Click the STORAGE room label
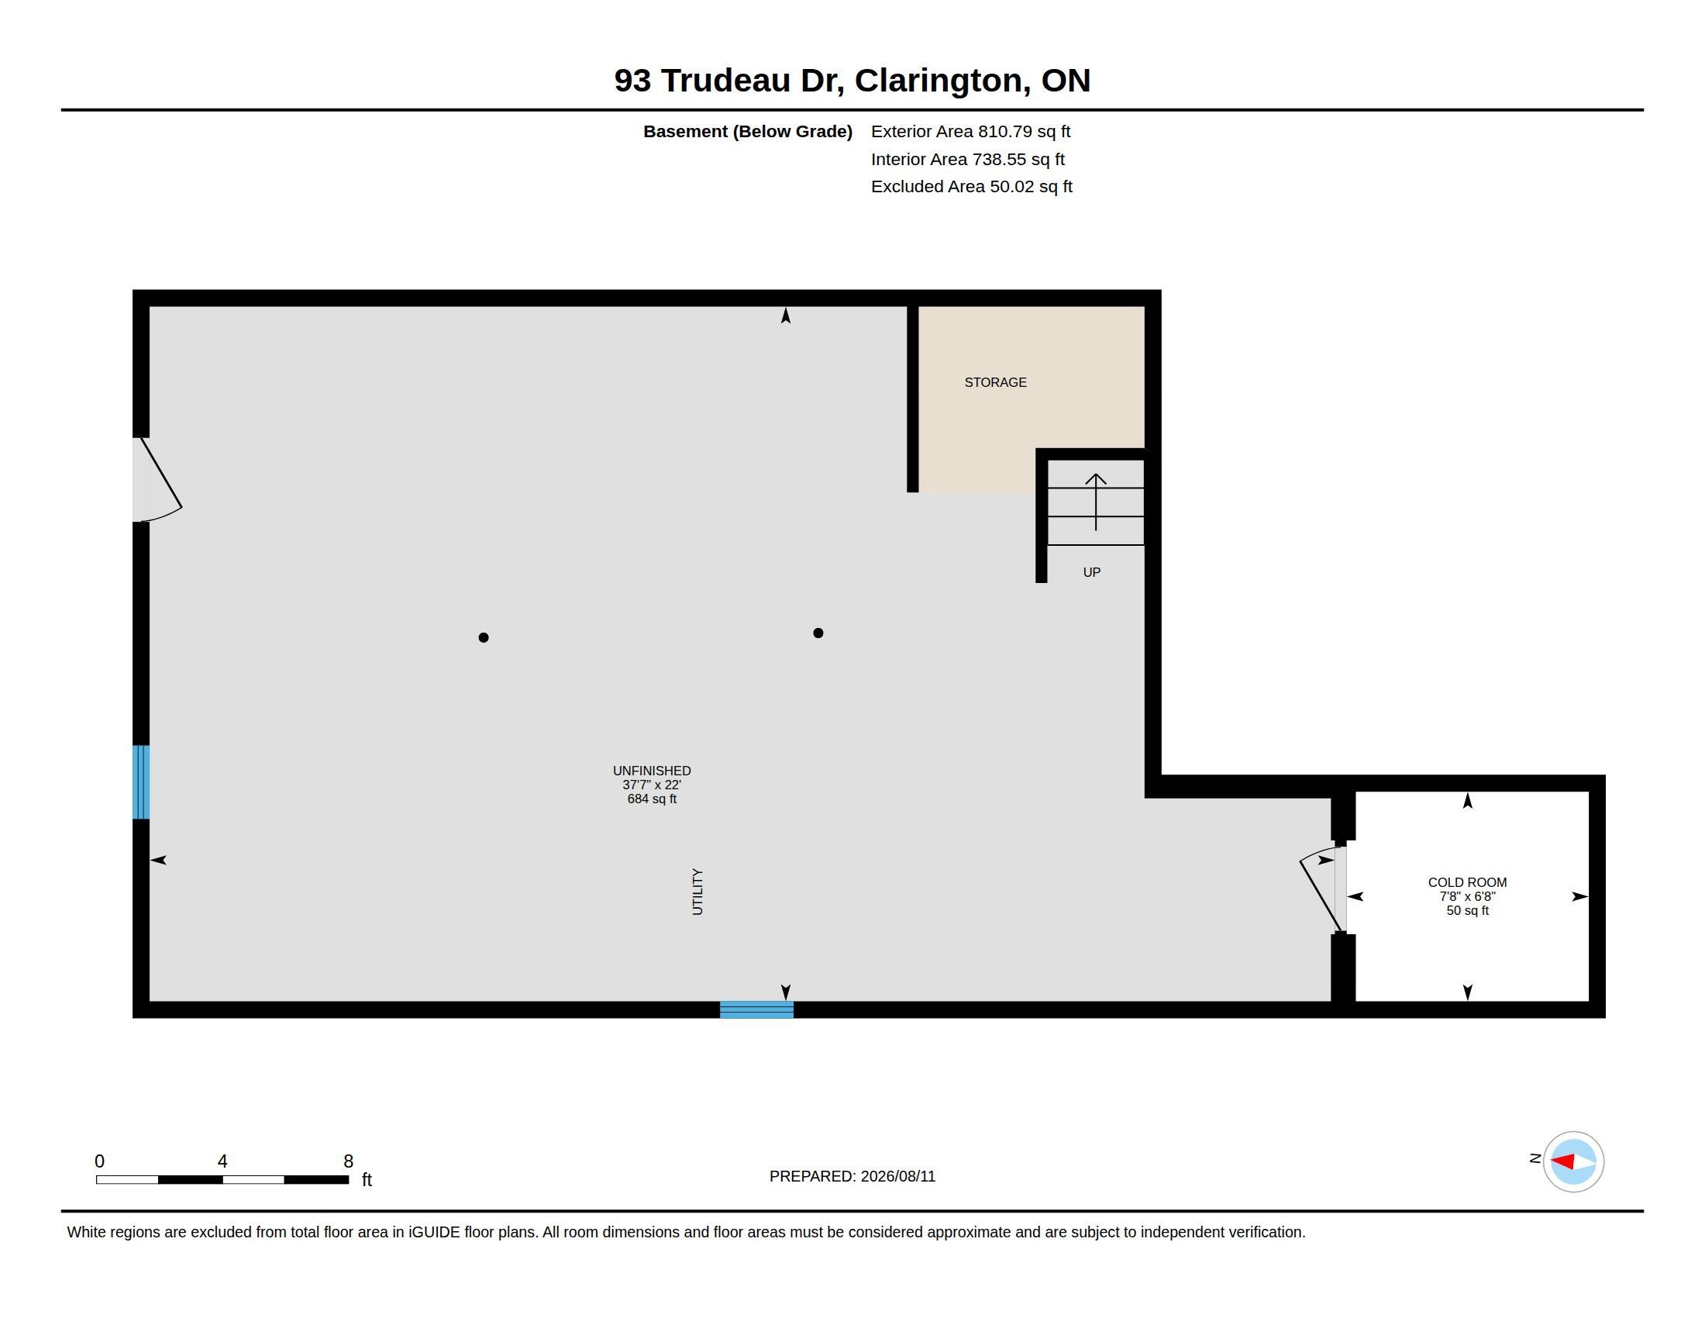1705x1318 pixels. pos(995,382)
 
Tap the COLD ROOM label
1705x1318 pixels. pos(1467,882)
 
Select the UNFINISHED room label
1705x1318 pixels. pos(652,771)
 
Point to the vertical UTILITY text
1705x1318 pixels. pos(698,892)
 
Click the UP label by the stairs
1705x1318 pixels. pos(1091,572)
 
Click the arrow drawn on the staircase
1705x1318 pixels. pos(1096,502)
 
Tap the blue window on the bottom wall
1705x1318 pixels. pos(756,1009)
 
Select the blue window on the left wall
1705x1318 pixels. pos(141,781)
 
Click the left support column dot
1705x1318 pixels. pos(484,638)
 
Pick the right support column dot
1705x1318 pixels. pos(818,633)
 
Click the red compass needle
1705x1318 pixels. pos(1562,1162)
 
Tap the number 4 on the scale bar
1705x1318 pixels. pos(222,1161)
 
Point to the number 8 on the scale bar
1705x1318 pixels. pos(348,1161)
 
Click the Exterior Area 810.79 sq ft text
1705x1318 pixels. pos(970,132)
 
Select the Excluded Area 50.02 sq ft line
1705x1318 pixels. pos(971,187)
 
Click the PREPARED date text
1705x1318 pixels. pos(852,1176)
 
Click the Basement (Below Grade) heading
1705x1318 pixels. pos(748,132)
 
